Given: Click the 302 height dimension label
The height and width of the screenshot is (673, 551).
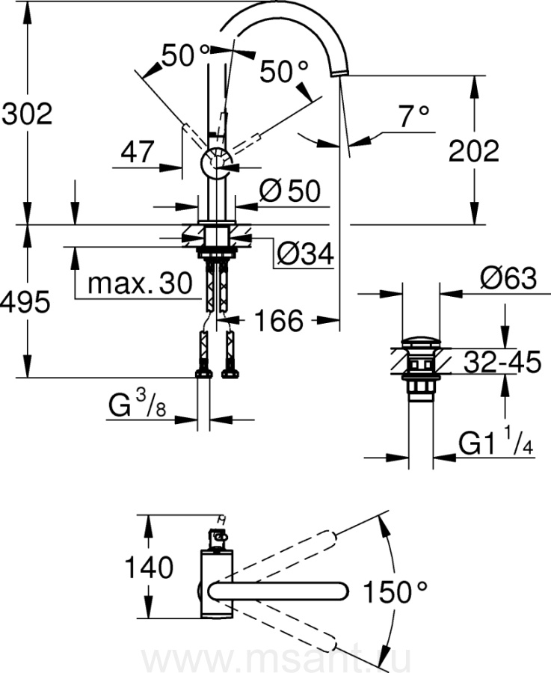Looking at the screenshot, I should pos(27,114).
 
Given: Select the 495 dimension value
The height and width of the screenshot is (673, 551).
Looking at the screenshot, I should pos(27,302).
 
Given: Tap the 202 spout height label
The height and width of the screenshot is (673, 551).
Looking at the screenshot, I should pos(473,152).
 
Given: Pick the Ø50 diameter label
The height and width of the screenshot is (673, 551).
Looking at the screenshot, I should pos(289,192).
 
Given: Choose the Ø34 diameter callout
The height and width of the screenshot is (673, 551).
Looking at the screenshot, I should pos(304,256).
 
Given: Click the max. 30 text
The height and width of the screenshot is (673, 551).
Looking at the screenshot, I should pos(141,283).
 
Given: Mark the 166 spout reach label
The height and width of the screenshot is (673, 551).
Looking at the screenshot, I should pos(278,322).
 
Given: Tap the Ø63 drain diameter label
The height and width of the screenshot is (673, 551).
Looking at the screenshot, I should pos(508,280).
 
